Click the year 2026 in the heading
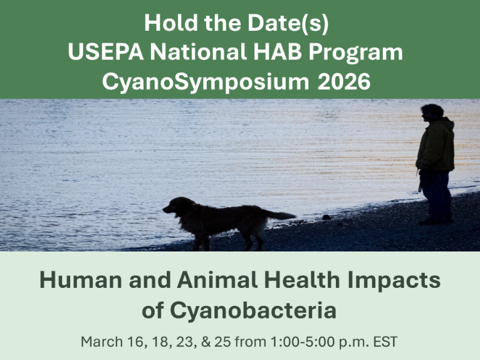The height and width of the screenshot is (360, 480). [x=344, y=82]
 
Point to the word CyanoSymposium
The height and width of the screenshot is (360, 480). [x=206, y=82]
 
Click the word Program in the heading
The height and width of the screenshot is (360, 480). [x=355, y=53]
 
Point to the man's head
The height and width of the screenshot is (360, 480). [x=431, y=113]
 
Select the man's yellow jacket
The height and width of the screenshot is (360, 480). [x=436, y=146]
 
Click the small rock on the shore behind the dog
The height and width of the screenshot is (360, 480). [x=326, y=217]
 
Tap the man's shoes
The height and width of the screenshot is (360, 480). [x=436, y=221]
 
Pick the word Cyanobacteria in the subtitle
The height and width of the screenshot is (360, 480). [x=253, y=310]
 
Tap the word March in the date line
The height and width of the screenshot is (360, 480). [x=102, y=342]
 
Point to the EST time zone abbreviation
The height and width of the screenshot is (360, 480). [x=385, y=342]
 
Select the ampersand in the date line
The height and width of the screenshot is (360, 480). [x=206, y=342]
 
